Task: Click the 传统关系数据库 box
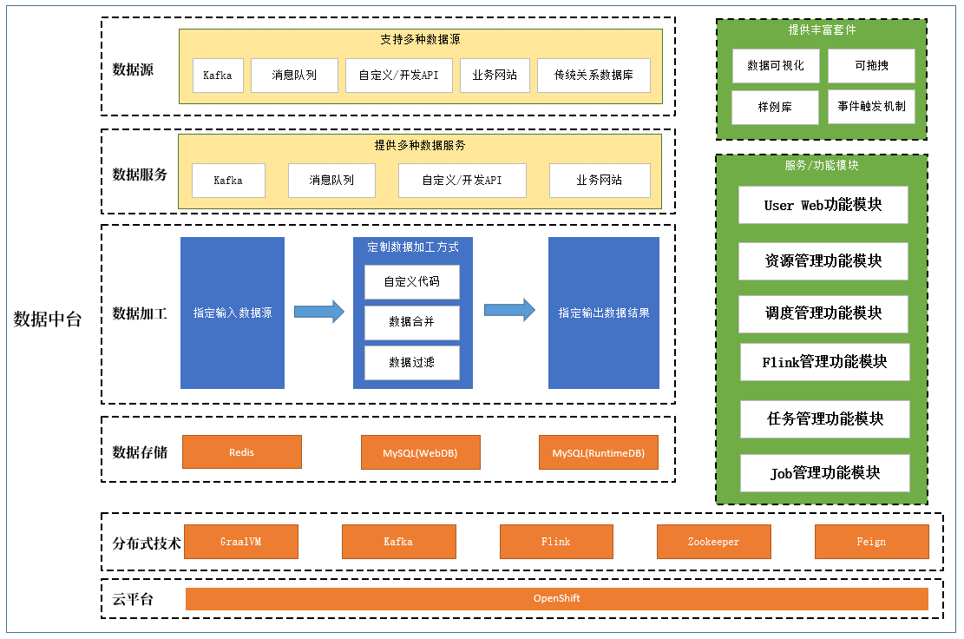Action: click(x=593, y=76)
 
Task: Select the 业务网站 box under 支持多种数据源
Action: click(x=495, y=76)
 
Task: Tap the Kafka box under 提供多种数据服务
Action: click(x=228, y=181)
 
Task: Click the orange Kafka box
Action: click(x=398, y=542)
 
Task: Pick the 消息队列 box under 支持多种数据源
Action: click(x=294, y=76)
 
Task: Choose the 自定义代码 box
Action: click(x=411, y=282)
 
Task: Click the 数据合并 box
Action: click(x=411, y=322)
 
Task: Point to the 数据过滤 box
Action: click(x=411, y=363)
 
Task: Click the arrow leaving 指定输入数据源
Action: click(x=318, y=312)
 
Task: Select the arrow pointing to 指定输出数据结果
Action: click(x=509, y=310)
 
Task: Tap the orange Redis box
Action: click(x=241, y=452)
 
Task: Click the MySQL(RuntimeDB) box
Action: click(x=598, y=453)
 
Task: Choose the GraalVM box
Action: click(x=240, y=542)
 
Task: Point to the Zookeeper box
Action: click(x=713, y=542)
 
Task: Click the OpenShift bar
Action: click(x=556, y=599)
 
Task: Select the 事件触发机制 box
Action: click(x=871, y=107)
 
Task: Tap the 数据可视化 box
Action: click(x=776, y=66)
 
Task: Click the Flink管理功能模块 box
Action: click(x=824, y=362)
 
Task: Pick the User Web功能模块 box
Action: click(x=823, y=205)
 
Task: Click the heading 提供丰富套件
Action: click(x=822, y=30)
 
